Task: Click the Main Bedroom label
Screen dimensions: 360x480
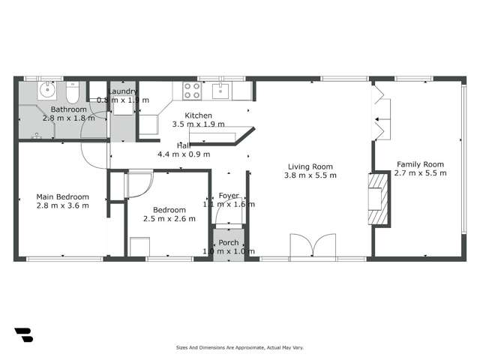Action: tap(63, 197)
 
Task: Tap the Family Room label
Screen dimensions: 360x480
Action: tap(420, 164)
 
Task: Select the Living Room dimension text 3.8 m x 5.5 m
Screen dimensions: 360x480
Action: tap(310, 175)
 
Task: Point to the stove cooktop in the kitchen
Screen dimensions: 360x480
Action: tap(190, 91)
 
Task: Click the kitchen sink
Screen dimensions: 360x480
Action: tap(220, 91)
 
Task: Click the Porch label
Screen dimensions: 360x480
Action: tap(228, 242)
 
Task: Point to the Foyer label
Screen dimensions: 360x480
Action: tap(228, 196)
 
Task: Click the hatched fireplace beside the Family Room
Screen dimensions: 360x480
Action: tap(378, 200)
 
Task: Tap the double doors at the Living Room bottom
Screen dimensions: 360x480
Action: tap(311, 247)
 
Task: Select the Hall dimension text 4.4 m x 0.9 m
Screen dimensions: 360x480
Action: tap(183, 154)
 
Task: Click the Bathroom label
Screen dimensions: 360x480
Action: tap(67, 109)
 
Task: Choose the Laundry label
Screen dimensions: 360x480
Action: tap(124, 91)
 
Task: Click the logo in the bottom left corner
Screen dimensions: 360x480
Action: tap(23, 335)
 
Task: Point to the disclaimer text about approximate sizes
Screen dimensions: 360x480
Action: tap(239, 347)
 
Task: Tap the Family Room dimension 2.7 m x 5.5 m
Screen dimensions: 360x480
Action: tap(420, 173)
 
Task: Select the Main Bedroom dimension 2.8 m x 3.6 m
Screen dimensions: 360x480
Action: tap(63, 205)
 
